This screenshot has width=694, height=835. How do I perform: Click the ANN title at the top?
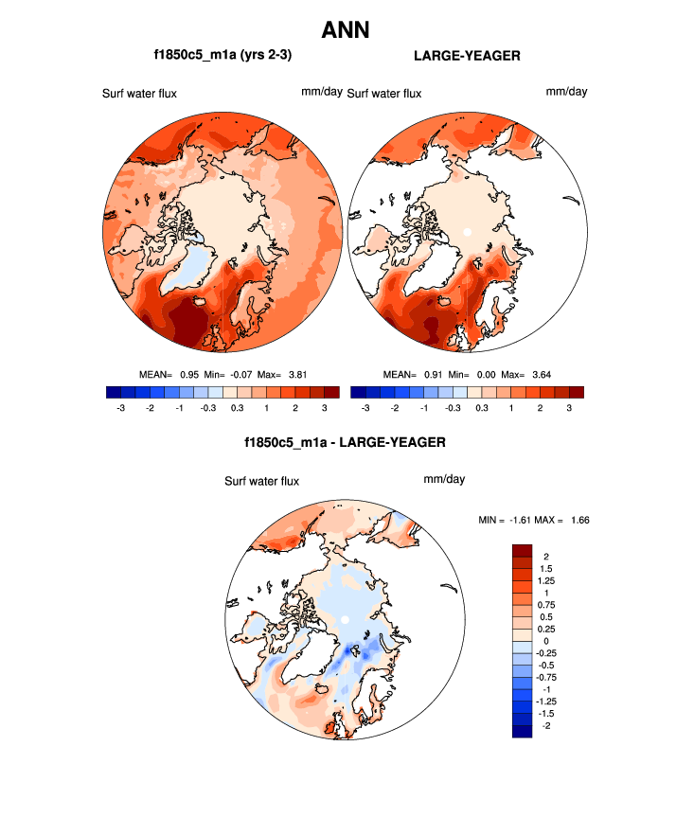click(346, 30)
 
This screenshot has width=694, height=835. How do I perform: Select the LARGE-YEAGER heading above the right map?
click(468, 56)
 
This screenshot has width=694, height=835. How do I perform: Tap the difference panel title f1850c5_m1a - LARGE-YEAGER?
click(345, 442)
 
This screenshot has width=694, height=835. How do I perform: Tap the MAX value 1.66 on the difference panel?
click(578, 520)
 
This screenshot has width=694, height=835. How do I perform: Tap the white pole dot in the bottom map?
click(347, 619)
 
